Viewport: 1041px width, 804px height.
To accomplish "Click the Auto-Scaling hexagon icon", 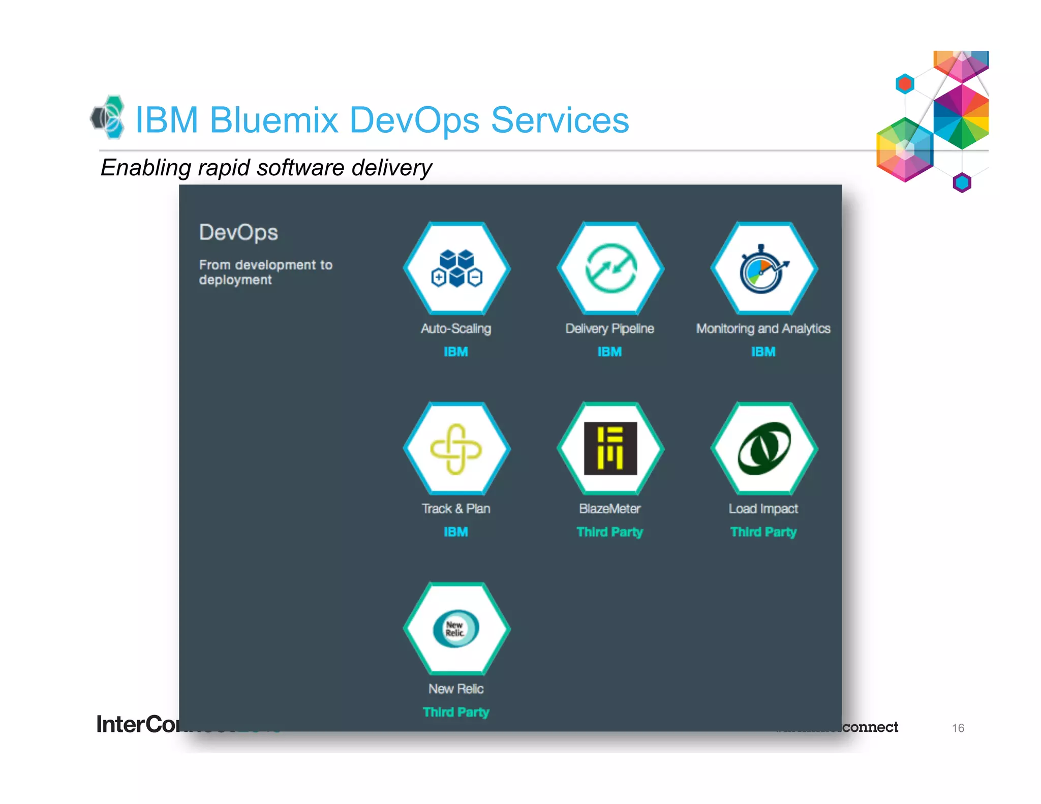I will coord(456,268).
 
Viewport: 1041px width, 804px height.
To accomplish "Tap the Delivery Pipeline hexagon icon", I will coord(610,268).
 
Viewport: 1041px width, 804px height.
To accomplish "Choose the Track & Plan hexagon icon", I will coord(456,448).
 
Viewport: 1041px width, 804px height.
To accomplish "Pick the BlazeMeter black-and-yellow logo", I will coord(610,448).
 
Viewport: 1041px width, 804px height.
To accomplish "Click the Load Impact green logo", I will coord(763,448).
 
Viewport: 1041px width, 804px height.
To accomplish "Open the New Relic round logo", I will coord(456,629).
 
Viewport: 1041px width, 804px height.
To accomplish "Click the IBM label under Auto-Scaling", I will coord(456,352).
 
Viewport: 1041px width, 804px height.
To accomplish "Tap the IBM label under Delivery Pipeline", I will coord(609,352).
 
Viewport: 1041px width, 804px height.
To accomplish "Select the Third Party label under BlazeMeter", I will coord(609,532).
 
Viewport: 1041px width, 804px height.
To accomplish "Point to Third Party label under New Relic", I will coord(456,712).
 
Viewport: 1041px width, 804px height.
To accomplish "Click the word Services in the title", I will coord(560,120).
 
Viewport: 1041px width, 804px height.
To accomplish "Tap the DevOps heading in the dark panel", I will coord(238,233).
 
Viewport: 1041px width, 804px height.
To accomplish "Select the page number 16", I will coord(958,728).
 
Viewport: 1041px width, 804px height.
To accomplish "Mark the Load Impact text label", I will coord(763,509).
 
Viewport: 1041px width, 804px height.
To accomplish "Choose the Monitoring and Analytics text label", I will coord(763,329).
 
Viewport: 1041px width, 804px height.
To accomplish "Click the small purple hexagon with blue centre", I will coord(962,182).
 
